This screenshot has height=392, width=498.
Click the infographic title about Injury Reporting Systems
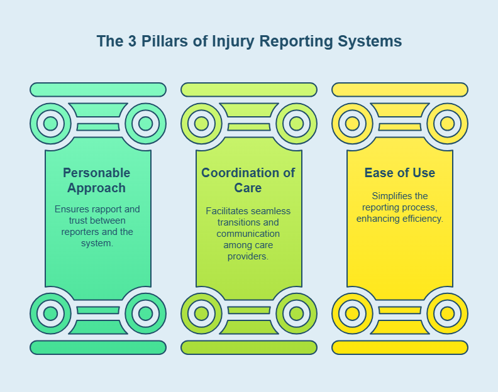(x=249, y=41)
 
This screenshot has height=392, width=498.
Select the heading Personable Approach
(x=97, y=180)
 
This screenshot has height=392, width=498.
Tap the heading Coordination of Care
(x=248, y=180)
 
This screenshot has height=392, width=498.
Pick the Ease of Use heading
(x=399, y=173)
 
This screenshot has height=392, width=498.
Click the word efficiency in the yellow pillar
(x=423, y=219)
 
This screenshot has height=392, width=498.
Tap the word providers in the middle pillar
(x=248, y=256)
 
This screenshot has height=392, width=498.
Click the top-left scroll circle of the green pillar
(x=50, y=123)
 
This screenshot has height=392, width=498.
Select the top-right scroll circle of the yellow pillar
(x=447, y=123)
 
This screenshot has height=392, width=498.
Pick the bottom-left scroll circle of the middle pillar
(x=201, y=313)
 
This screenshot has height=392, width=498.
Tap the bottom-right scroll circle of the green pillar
(x=145, y=313)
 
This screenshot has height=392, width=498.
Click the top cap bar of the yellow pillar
(x=399, y=90)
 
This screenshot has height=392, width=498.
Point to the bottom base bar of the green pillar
(x=98, y=347)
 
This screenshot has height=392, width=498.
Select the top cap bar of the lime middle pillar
(x=248, y=90)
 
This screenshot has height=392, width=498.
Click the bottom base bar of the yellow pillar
(x=399, y=347)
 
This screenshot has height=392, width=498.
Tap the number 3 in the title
(x=132, y=41)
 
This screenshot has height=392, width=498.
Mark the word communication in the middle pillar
(x=248, y=234)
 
